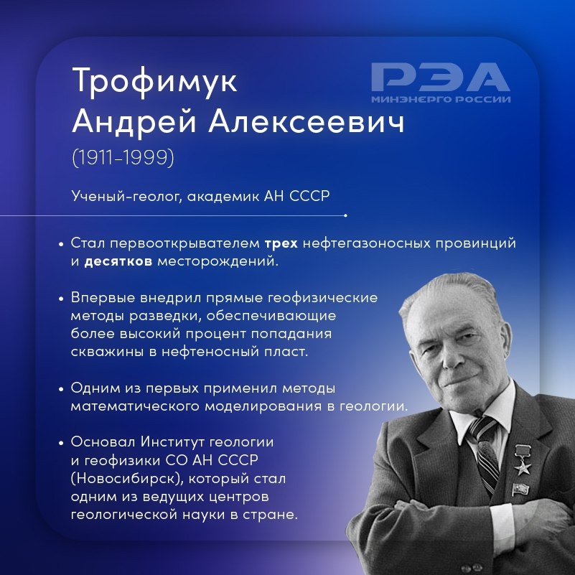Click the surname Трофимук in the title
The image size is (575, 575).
pos(154,82)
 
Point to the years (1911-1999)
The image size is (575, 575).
pos(123,157)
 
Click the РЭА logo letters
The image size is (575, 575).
pos(440,78)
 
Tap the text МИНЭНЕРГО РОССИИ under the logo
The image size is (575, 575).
pos(441,99)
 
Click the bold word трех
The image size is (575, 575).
pos(281,243)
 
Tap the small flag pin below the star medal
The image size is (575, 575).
pos(518,490)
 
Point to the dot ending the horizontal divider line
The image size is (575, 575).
pos(345,215)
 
